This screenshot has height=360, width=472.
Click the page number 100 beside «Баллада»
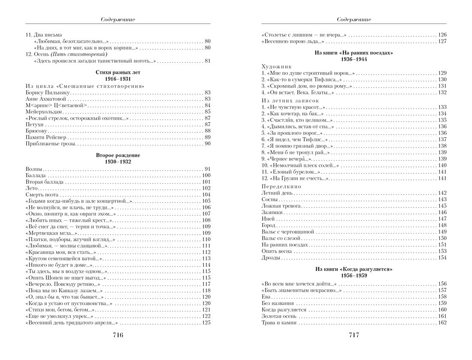tap(206, 175)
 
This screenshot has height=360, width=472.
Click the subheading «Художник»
tap(276, 67)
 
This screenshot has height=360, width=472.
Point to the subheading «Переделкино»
tap(281, 187)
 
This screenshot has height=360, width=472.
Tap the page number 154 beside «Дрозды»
tap(442, 257)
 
